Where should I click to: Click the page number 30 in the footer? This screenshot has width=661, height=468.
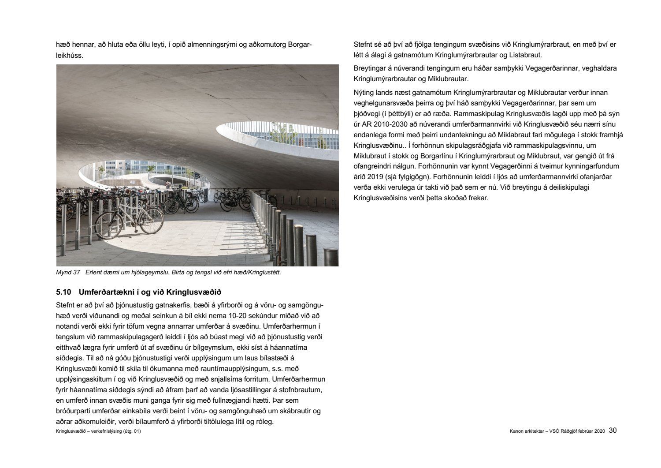point(613,431)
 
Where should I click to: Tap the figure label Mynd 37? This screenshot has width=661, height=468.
point(68,273)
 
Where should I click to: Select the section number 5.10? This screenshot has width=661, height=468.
point(64,292)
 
